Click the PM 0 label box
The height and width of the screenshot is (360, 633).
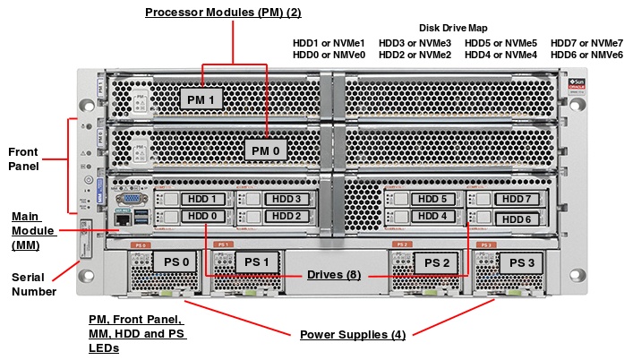[266, 150]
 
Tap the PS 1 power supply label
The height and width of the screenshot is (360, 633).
[257, 261]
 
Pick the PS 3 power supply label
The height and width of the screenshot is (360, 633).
[519, 262]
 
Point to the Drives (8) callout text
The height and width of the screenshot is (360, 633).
[334, 275]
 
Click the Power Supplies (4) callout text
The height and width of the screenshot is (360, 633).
[352, 335]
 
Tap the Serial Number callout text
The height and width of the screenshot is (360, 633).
[33, 284]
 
